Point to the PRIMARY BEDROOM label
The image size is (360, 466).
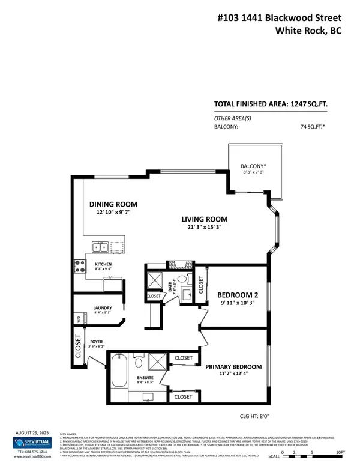tap(233, 366)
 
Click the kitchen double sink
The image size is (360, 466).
tap(100, 247)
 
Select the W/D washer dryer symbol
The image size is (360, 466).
tap(77, 318)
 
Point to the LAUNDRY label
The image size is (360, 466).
tap(103, 309)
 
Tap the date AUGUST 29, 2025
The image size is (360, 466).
tap(31, 432)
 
